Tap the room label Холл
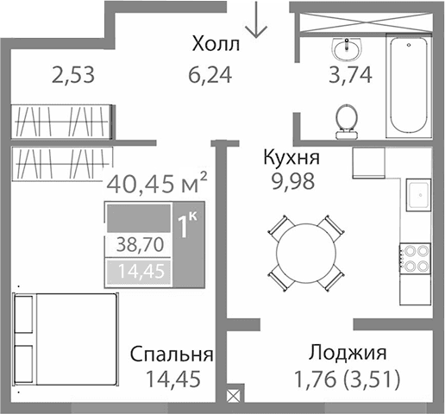pyautogui.click(x=216, y=44)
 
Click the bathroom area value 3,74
pyautogui.click(x=350, y=75)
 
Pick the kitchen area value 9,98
pyautogui.click(x=291, y=181)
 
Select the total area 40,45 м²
pyautogui.click(x=156, y=183)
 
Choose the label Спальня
pyautogui.click(x=172, y=354)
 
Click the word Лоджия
pyautogui.click(x=348, y=353)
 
